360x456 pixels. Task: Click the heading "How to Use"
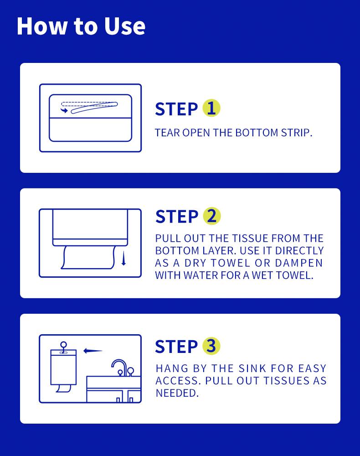pos(81,26)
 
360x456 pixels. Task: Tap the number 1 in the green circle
pos(211,108)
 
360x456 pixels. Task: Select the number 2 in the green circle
pos(212,216)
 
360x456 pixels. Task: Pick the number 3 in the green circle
pos(211,346)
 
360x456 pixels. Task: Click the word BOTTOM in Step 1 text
pos(257,133)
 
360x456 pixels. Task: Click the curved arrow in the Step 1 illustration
pos(64,110)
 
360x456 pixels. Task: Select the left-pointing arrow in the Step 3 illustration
pos(93,351)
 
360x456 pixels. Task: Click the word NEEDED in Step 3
pos(177,393)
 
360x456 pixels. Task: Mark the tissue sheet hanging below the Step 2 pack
pos(88,257)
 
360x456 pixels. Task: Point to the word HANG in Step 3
pos(172,368)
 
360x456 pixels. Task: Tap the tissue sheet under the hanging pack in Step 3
pos(64,388)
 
